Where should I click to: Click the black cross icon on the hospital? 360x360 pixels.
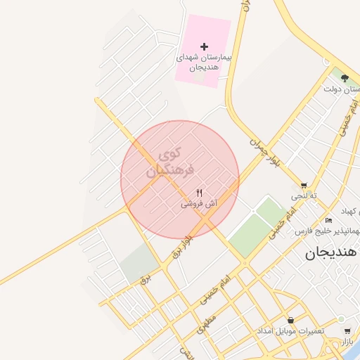point(205,46)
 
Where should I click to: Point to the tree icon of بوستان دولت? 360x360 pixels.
point(344,78)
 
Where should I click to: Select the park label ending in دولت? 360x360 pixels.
point(342,89)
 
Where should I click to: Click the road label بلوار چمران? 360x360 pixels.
point(264,148)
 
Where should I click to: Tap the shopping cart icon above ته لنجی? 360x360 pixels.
point(304,186)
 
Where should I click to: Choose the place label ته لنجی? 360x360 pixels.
point(304,195)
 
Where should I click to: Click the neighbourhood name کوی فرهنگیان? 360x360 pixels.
point(167,161)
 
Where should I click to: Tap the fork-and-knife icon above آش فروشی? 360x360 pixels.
point(200,193)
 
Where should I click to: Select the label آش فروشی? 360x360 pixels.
point(199,203)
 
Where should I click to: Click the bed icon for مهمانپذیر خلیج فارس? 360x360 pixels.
point(329,221)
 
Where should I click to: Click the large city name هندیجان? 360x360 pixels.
point(331,252)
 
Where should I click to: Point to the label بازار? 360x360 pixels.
point(347,342)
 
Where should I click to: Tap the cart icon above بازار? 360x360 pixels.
point(347,330)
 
